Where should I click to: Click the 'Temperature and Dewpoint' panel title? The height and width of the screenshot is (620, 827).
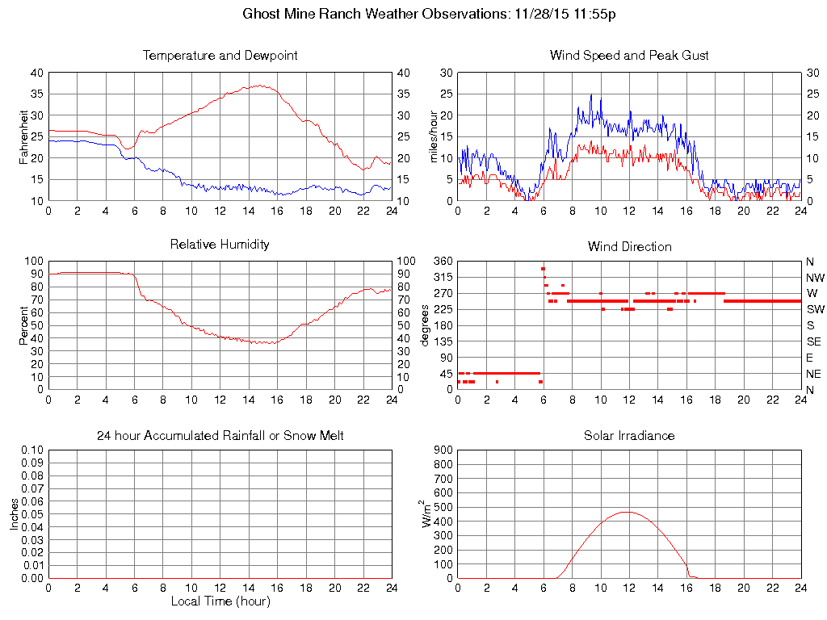(x=220, y=56)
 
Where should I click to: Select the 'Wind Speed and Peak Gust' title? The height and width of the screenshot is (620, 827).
(x=629, y=56)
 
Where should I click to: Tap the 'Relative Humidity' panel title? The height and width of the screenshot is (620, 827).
(x=220, y=244)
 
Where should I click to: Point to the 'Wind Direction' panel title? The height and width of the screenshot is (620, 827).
(x=629, y=246)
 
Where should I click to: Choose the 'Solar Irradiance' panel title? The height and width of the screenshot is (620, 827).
(x=629, y=436)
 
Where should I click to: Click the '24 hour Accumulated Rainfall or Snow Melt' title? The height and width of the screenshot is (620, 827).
(x=220, y=436)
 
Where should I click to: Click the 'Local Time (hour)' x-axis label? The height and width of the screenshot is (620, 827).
(x=220, y=601)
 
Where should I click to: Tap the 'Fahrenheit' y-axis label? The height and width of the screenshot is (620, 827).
(x=24, y=136)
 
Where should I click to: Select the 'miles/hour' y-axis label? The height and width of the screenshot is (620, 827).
(x=433, y=136)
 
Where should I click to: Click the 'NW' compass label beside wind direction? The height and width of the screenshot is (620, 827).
(x=815, y=277)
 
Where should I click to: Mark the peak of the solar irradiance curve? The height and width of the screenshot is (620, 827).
(x=626, y=511)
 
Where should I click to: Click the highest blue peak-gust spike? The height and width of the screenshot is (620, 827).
(x=591, y=94)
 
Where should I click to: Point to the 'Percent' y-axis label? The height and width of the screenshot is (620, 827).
(x=24, y=325)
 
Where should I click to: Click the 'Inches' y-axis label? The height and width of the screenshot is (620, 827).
(x=15, y=513)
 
